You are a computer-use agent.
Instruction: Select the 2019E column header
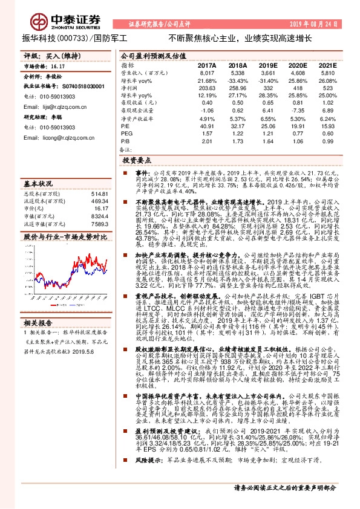click(x=267, y=64)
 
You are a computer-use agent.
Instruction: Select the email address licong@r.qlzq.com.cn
click(x=65, y=138)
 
